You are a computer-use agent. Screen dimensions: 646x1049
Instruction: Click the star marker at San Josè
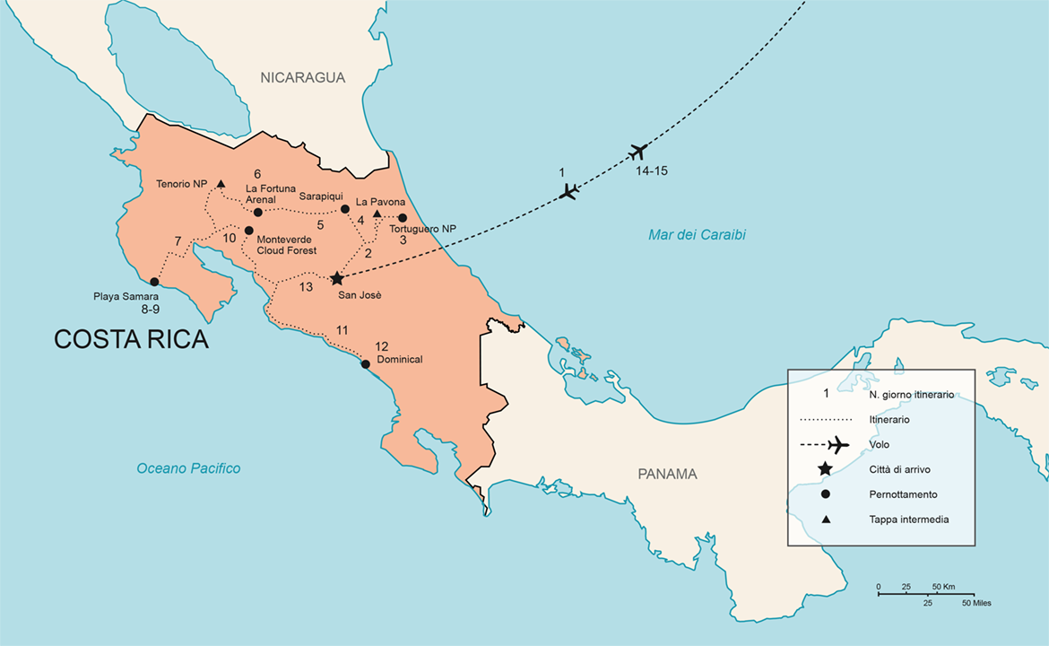pos(337,279)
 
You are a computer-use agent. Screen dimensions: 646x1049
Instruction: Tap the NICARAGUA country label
pos(303,78)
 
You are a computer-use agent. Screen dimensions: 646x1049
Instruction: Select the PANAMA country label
pos(667,475)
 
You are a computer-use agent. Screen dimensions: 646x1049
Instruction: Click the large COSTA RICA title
pos(131,339)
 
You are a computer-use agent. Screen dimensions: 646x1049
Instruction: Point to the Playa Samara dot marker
pos(154,282)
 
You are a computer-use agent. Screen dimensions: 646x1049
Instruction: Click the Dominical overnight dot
pos(365,364)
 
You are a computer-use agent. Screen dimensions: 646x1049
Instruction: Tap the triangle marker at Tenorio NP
pos(221,184)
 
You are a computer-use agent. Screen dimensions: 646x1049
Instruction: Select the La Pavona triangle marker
pos(377,214)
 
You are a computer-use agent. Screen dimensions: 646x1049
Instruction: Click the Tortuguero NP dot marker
pos(403,218)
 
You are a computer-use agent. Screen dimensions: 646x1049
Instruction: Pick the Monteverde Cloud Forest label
pos(286,246)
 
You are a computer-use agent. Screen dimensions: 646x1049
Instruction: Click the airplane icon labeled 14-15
pos(638,151)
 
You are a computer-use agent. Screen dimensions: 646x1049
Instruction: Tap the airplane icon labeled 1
pos(568,191)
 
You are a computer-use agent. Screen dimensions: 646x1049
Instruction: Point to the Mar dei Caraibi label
pos(697,235)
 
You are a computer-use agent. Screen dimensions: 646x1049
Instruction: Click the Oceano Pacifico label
pos(188,468)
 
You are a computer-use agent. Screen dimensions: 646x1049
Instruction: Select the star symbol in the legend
pos(825,468)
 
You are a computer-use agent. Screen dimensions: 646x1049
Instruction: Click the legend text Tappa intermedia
pos(908,519)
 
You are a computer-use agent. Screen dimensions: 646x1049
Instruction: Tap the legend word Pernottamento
pos(905,494)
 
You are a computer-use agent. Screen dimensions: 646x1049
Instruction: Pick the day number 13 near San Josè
pos(306,287)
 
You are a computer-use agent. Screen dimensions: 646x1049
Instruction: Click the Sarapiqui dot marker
pos(345,209)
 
